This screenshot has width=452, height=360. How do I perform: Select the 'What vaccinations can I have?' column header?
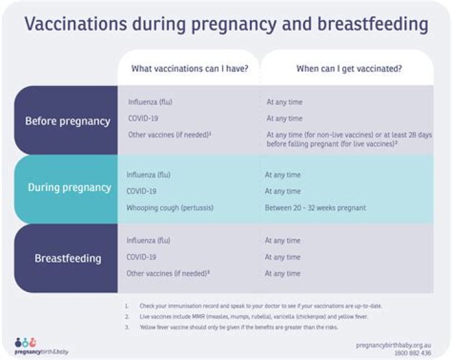190,69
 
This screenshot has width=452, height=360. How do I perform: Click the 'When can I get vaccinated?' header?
349,69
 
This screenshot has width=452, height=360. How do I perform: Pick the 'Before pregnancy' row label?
68,121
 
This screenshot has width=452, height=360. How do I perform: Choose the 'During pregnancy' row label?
69,187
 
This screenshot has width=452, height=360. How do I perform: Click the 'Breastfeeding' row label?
68,258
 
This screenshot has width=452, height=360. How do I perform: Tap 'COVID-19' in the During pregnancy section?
141,191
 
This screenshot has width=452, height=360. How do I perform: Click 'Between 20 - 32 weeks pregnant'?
315,207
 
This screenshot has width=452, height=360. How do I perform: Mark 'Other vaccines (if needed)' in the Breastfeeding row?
168,273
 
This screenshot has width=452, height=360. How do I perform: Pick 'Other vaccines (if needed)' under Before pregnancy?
169,134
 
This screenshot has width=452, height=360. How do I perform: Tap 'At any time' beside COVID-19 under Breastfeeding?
282,257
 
